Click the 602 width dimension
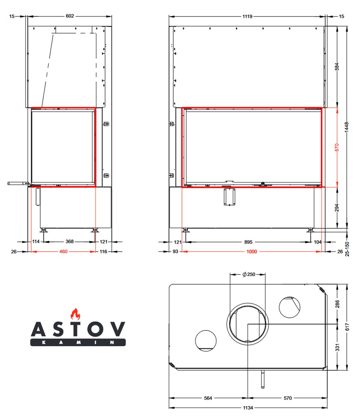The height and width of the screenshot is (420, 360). click(70, 16)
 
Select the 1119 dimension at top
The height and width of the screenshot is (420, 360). click(247, 16)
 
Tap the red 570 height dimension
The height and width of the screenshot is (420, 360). click(337, 147)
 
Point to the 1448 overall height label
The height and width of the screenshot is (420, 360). click(347, 127)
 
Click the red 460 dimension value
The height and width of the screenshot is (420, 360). click(63, 252)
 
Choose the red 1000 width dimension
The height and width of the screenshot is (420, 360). click(252, 252)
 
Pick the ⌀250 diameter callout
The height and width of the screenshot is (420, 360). click(249, 274)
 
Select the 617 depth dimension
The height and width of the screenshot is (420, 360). click(347, 327)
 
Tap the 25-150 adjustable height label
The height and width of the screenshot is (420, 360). click(347, 249)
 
